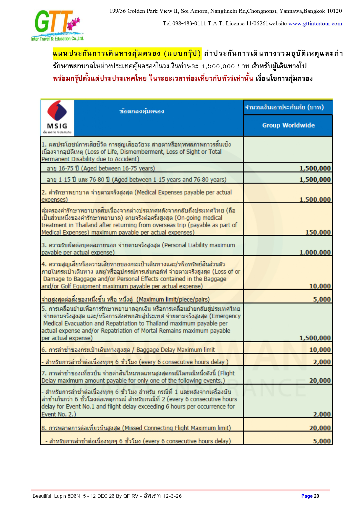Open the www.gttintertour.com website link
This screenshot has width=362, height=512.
[x=315, y=24]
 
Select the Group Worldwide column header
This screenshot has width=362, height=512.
[x=288, y=125]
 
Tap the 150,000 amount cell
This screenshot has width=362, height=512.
[x=318, y=233]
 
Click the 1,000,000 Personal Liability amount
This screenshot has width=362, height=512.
[x=315, y=253]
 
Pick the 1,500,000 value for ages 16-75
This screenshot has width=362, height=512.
[x=315, y=168]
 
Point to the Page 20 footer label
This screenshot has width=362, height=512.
[x=310, y=496]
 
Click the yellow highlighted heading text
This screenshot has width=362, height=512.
[x=127, y=54]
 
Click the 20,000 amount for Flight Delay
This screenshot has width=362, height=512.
[x=320, y=381]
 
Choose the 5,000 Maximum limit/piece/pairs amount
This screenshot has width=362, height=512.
[x=322, y=300]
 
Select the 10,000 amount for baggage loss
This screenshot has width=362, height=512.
[x=320, y=286]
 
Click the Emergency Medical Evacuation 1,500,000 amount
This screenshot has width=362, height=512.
[x=315, y=338]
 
